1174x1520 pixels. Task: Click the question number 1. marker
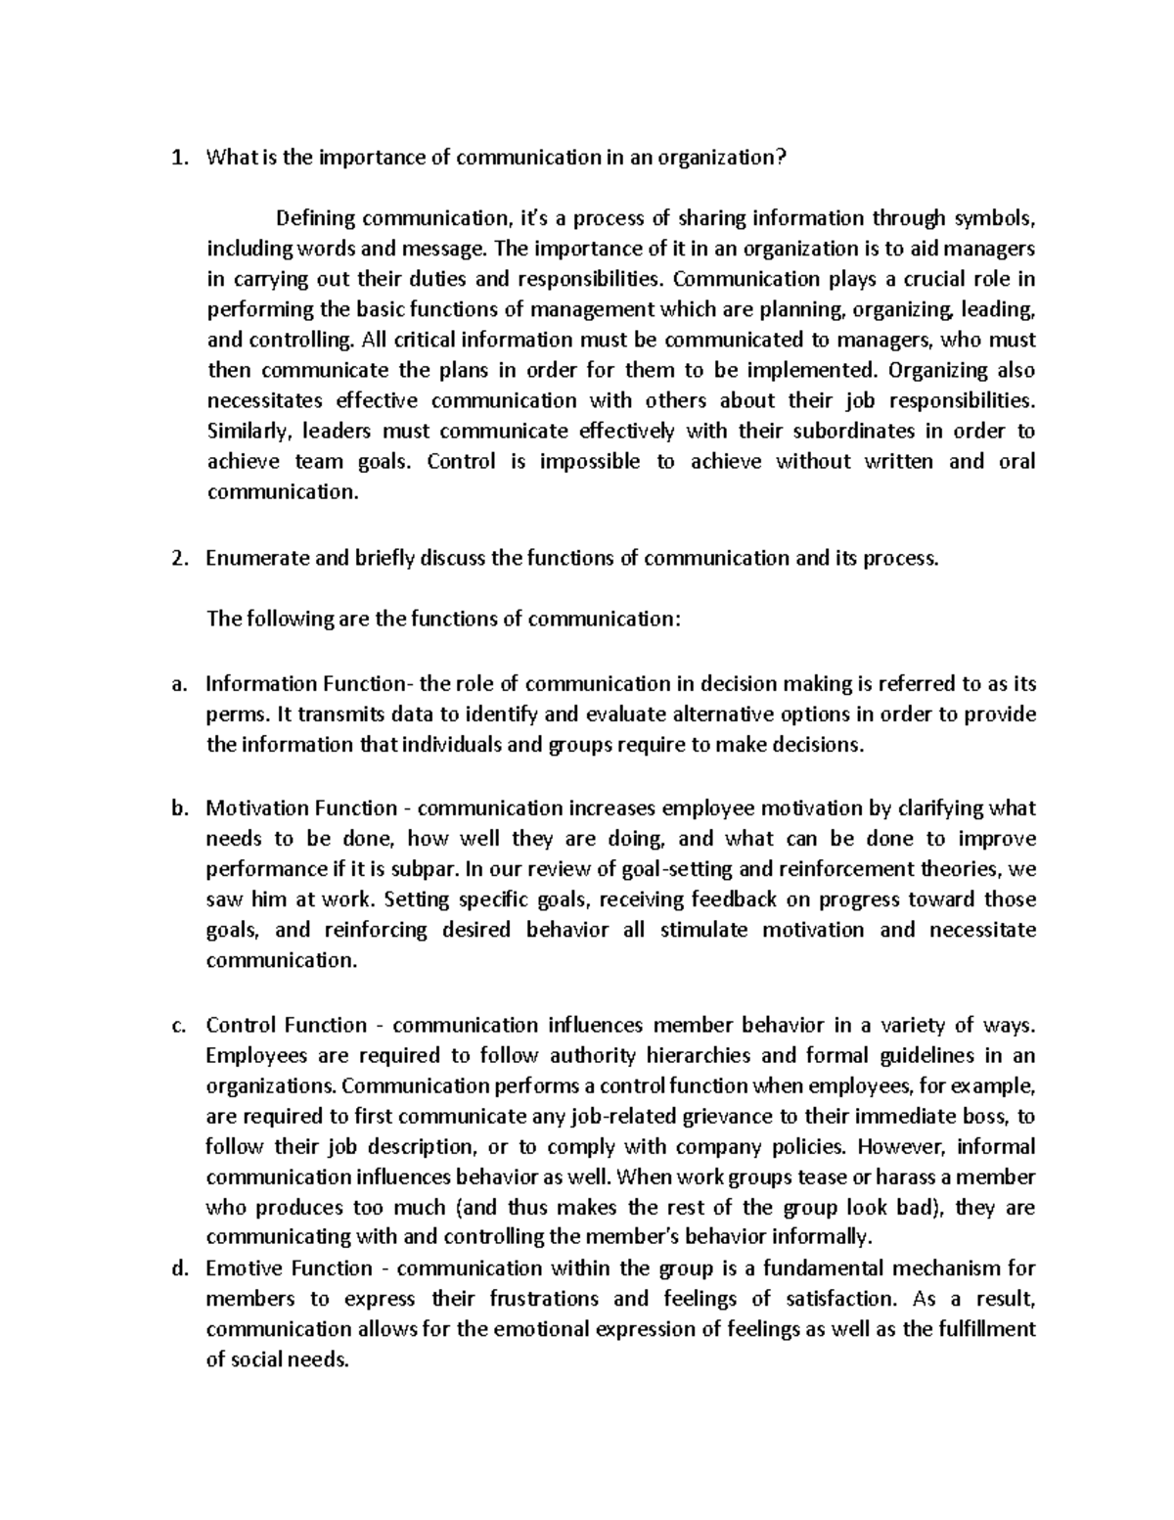(177, 159)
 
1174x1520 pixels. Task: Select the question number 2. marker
(177, 559)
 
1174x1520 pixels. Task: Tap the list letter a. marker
(177, 684)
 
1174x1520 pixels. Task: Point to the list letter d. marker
(177, 1268)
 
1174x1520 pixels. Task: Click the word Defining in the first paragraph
(313, 218)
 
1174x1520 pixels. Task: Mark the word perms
(233, 714)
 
